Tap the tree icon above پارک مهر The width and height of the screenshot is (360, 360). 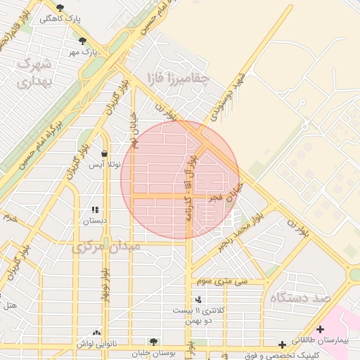click(83, 40)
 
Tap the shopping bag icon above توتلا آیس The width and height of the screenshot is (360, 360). click(104, 153)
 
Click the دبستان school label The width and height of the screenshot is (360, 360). click(95, 220)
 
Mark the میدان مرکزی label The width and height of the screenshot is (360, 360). click(106, 247)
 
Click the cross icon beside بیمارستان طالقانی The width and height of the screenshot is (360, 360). click(321, 328)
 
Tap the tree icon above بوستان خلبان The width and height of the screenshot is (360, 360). click(153, 342)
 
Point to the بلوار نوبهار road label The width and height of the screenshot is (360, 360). click(103, 285)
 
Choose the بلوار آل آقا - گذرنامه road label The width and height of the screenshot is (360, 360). click(194, 187)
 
